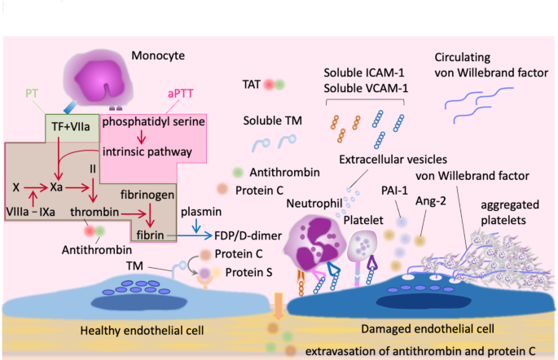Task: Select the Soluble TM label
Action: coord(274,120)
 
